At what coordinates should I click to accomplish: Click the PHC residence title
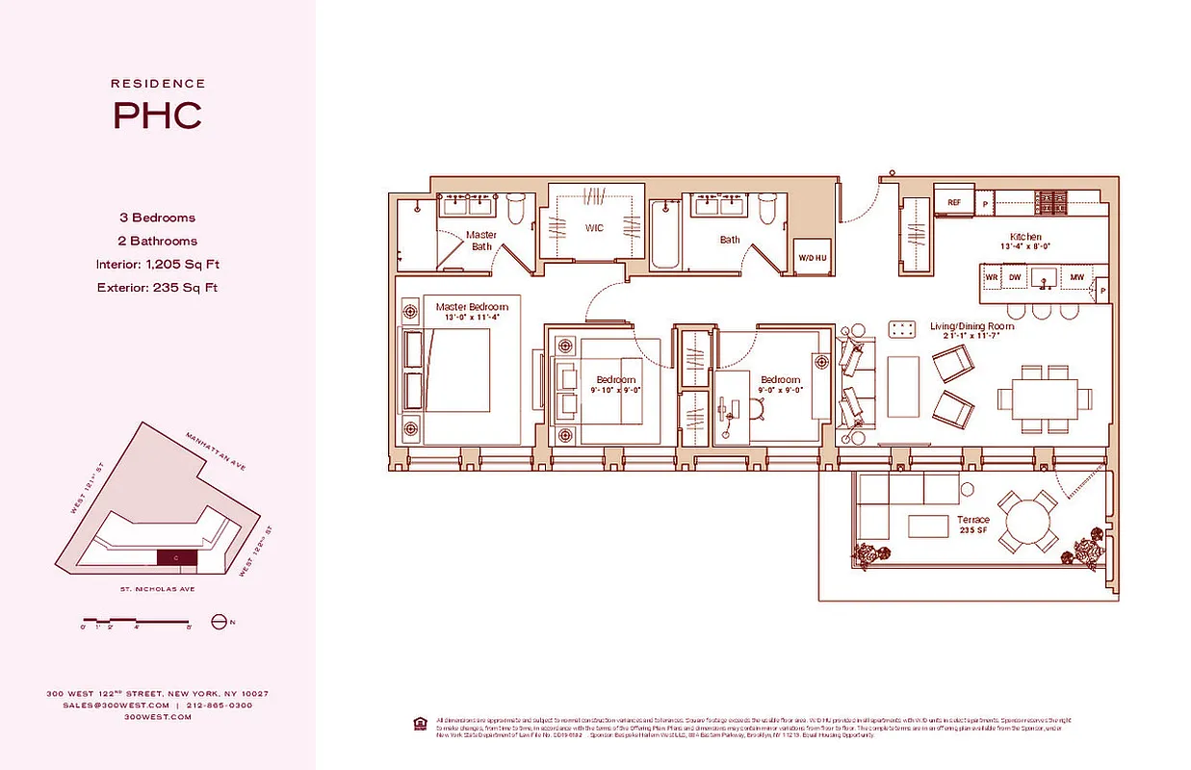click(x=158, y=115)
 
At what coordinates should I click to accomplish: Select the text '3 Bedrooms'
click(x=158, y=218)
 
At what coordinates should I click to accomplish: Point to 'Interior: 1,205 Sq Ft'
click(x=158, y=265)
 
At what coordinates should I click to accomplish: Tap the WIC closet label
click(x=593, y=228)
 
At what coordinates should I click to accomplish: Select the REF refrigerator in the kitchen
click(x=954, y=203)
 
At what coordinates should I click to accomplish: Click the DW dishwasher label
click(x=1015, y=277)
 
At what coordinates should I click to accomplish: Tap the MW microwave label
click(x=1076, y=277)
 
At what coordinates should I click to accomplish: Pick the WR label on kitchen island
click(x=991, y=277)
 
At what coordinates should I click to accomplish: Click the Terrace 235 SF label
click(x=972, y=525)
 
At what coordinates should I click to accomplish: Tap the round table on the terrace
click(x=1030, y=523)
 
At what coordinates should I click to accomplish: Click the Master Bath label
click(x=481, y=241)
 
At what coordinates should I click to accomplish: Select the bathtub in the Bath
click(x=666, y=235)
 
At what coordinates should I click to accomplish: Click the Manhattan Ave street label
click(x=217, y=450)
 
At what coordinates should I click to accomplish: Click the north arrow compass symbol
click(x=218, y=622)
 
